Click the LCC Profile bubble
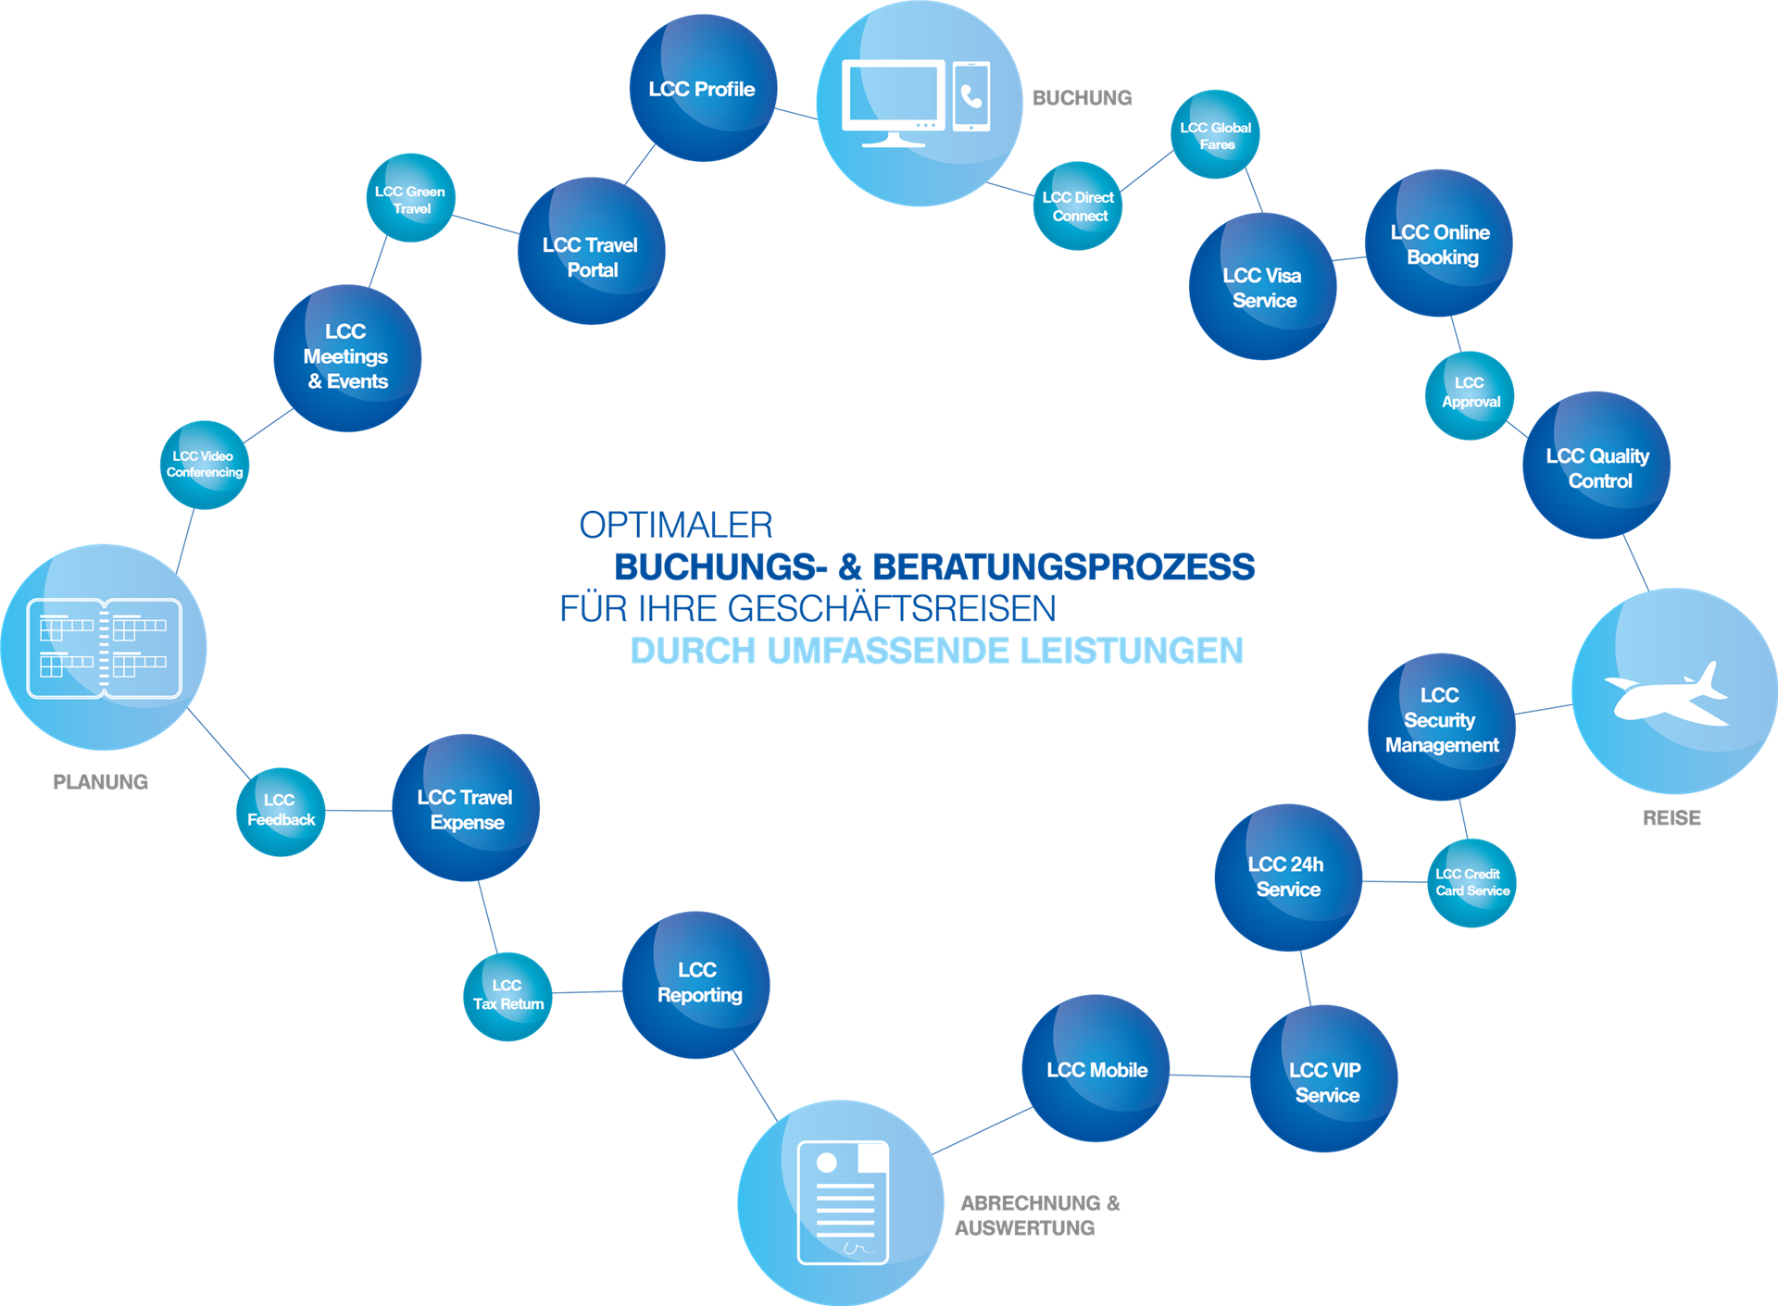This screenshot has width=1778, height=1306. (x=703, y=88)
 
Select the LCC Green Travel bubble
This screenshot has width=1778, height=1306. (x=410, y=198)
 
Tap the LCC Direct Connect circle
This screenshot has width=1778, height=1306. (x=1077, y=206)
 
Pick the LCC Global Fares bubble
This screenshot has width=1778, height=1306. (x=1215, y=134)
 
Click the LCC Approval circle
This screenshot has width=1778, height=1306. (x=1470, y=395)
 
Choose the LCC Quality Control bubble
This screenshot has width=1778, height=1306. (x=1596, y=465)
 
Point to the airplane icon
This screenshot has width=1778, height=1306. (x=1667, y=695)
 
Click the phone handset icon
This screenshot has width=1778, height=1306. (x=971, y=96)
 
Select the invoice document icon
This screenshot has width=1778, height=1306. (x=843, y=1202)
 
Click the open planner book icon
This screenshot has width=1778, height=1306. (x=104, y=648)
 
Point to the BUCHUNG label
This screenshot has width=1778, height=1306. (x=1082, y=98)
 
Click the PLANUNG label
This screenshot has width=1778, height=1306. (x=100, y=782)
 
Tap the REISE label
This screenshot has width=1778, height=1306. (x=1672, y=818)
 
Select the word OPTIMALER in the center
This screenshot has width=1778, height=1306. (x=676, y=525)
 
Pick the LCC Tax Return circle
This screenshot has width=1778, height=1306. (x=507, y=996)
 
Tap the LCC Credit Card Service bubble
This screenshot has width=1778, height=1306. (x=1471, y=883)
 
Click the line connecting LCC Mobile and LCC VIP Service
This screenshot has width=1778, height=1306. (x=1209, y=1076)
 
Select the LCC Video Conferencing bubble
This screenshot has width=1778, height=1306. (x=205, y=465)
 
